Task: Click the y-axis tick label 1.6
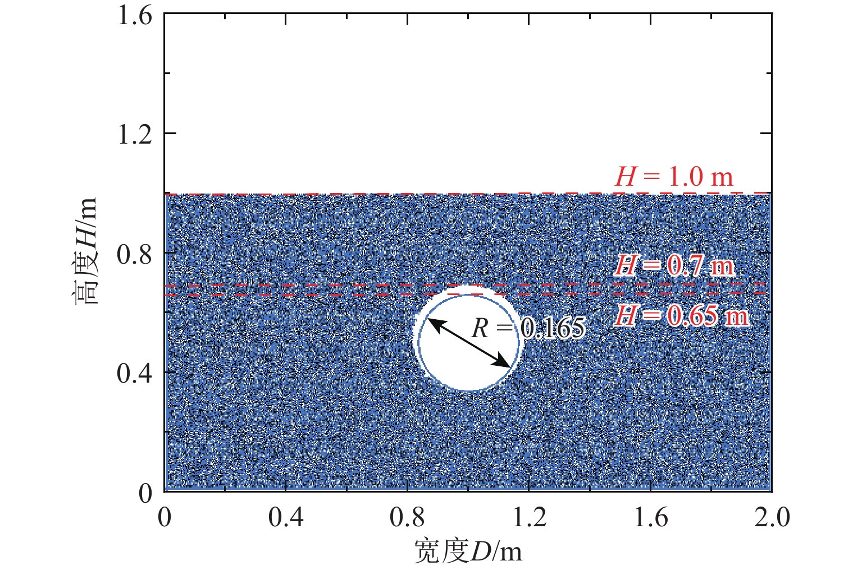(x=135, y=15)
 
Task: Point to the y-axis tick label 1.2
(x=135, y=134)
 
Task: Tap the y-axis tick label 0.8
(x=135, y=254)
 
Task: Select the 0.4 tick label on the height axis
(x=135, y=373)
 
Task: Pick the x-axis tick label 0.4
(x=286, y=517)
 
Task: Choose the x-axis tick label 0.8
(x=408, y=517)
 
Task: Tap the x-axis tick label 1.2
(x=529, y=517)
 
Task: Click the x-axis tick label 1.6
(x=651, y=517)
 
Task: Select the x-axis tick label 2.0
(x=772, y=517)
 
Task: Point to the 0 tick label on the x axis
(x=165, y=517)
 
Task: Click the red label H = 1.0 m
(x=674, y=177)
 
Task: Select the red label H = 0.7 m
(x=674, y=265)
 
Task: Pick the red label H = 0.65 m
(x=681, y=316)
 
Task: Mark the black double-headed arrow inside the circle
(x=469, y=342)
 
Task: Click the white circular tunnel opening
(x=449, y=365)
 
